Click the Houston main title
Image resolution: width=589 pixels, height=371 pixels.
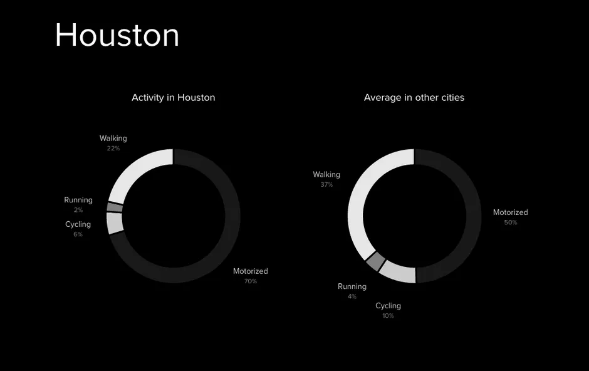pos(117,35)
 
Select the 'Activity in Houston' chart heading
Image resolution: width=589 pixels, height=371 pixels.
pos(173,98)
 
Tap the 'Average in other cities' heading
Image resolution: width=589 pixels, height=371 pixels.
pos(414,98)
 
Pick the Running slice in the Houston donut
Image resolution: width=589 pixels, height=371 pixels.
pos(115,207)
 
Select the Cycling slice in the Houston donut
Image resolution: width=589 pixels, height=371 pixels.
pos(115,223)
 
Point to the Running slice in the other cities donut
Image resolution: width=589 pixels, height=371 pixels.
pos(375,261)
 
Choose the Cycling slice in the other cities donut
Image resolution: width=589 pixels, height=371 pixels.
pos(398,272)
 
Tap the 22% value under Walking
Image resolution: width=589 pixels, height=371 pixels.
pos(113,149)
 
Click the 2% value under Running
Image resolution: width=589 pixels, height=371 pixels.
pos(78,210)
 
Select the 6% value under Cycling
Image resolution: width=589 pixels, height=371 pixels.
pos(78,234)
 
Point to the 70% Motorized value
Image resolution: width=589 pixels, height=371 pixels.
pos(251,281)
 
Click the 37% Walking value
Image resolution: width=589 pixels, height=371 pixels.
pos(326,185)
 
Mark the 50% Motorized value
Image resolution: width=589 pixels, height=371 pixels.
pos(511,222)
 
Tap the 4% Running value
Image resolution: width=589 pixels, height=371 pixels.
pos(352,296)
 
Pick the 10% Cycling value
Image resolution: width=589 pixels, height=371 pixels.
pos(388,316)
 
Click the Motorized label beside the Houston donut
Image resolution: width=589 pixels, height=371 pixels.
pos(251,271)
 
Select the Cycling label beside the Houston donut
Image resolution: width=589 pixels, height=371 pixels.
pos(78,224)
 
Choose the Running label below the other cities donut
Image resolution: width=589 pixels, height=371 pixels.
pos(352,286)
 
